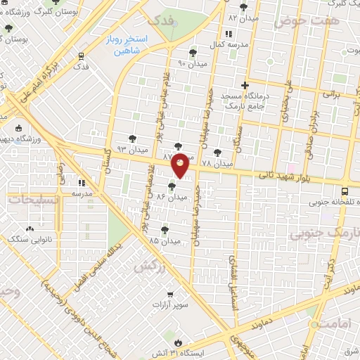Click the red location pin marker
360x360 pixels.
click(181, 165)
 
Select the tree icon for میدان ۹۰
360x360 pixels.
click(193, 53)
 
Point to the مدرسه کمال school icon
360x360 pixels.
click(228, 34)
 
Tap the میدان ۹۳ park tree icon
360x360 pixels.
click(133, 139)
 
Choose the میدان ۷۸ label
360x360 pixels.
click(217, 163)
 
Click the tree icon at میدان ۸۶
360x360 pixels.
click(172, 187)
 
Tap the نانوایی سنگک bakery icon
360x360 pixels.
click(30, 229)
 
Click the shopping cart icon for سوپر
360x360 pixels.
click(170, 295)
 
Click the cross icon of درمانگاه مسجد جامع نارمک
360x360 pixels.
click(244, 85)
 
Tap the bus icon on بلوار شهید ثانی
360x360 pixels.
click(345, 191)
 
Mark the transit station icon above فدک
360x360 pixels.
click(81, 56)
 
